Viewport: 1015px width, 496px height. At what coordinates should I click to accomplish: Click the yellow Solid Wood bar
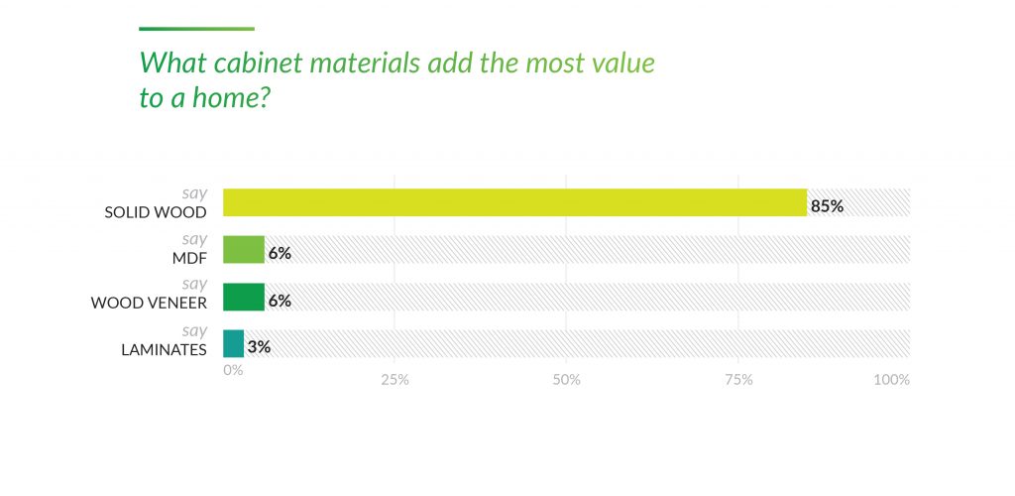coord(514,202)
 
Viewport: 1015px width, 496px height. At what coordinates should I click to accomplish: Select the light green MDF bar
coord(244,250)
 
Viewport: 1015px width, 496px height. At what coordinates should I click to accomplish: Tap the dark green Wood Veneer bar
coord(244,297)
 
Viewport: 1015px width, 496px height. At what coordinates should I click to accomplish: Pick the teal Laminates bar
coord(233,344)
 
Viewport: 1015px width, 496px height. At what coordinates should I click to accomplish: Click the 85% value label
coord(827,206)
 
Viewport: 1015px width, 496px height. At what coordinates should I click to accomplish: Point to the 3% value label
coord(259,347)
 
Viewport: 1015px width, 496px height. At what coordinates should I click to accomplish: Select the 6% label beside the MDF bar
coord(280,253)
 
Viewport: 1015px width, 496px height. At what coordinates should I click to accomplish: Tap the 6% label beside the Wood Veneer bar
coord(280,301)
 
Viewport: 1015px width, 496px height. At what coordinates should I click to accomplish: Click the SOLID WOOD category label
coord(156,212)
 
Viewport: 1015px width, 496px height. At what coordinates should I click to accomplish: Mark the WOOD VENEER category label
coord(149,303)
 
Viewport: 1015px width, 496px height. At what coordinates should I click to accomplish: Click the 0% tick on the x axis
coord(233,370)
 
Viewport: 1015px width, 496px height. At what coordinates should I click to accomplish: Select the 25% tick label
coord(395,379)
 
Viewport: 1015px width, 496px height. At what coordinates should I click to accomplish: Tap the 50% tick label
coord(566,379)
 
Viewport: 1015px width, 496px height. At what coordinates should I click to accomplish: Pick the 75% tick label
coord(738,379)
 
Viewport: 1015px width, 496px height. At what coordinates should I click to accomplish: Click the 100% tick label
coord(892,379)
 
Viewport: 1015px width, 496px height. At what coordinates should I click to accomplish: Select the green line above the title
coord(196,29)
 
